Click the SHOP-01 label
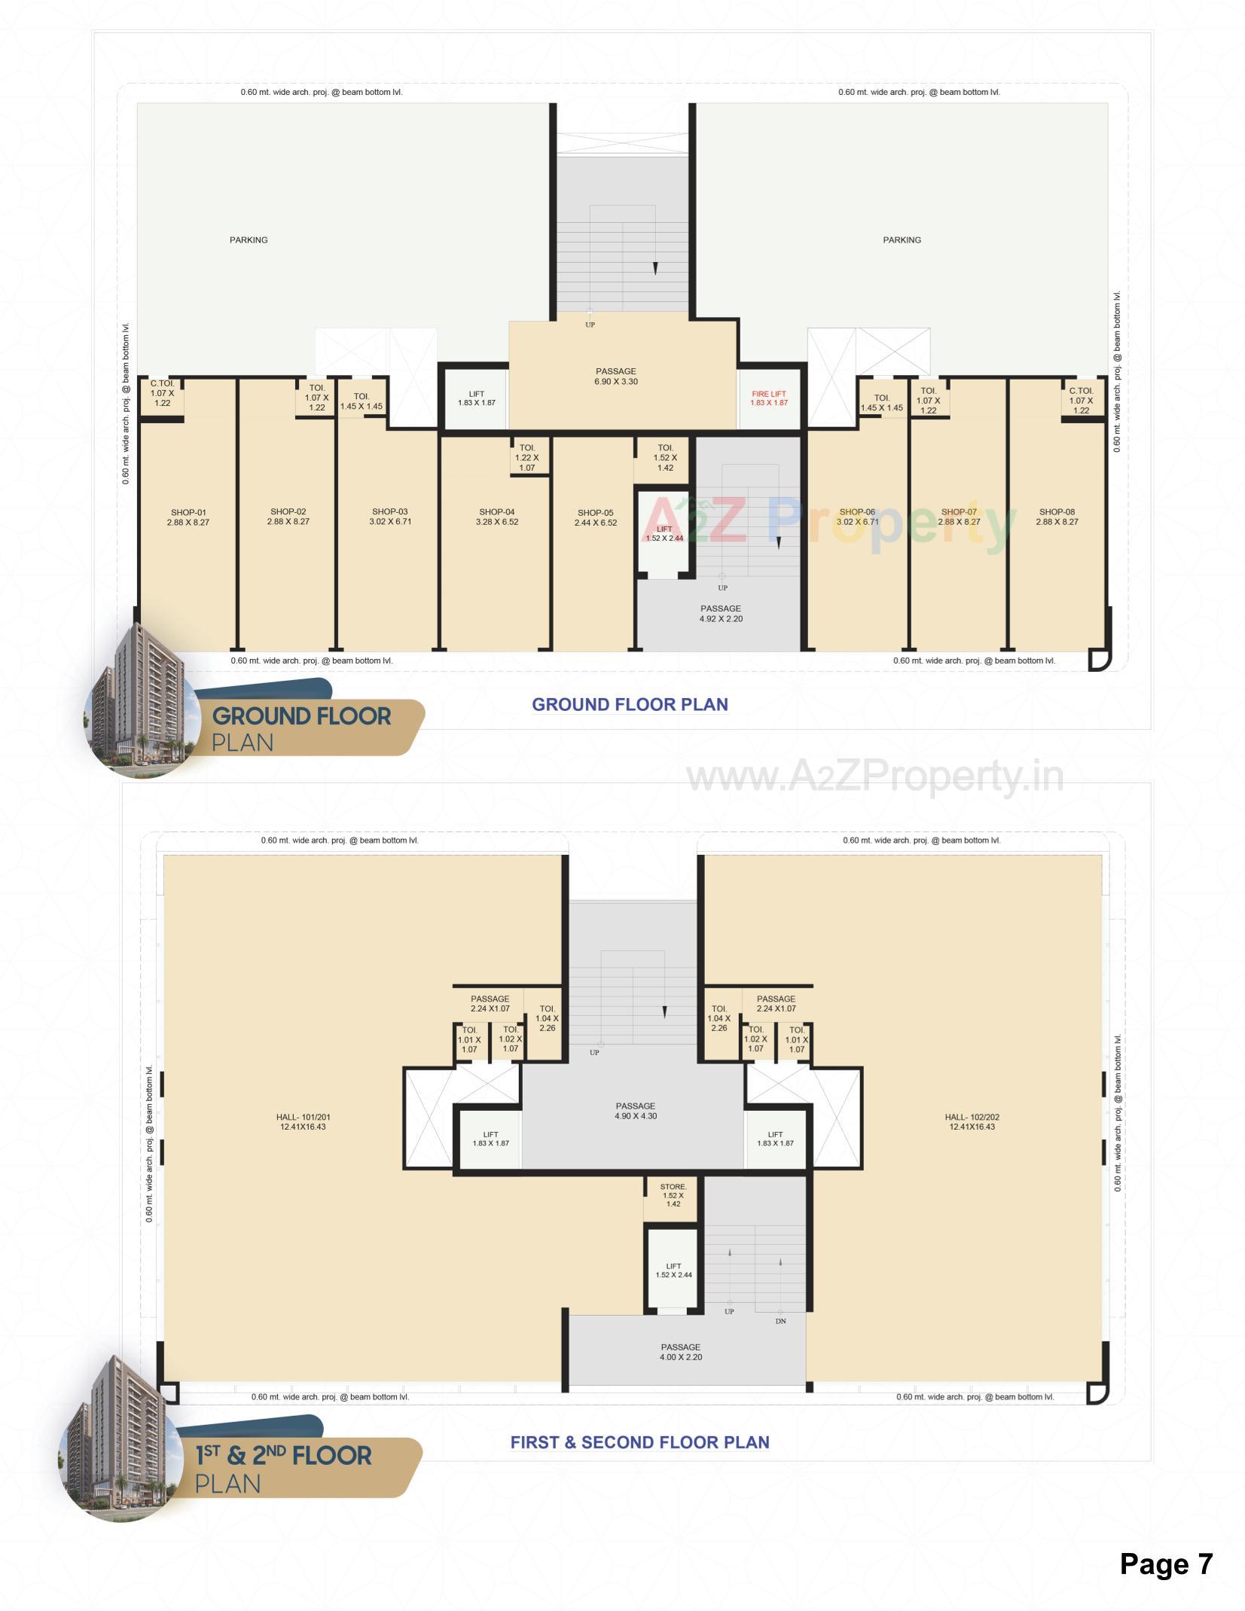coord(188,517)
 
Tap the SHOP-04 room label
coord(496,517)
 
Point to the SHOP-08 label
coord(1057,517)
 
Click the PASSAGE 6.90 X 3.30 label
coord(615,377)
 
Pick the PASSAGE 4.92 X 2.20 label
coord(720,614)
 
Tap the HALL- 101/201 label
coord(303,1122)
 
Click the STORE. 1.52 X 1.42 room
coord(673,1195)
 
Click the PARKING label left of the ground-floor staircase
coord(249,240)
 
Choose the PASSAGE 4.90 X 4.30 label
coord(635,1111)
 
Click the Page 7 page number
coord(1166,1558)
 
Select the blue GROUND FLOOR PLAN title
coord(630,705)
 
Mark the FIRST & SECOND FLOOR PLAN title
coord(639,1442)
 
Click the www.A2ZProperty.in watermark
coord(874,778)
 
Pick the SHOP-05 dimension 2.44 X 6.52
coord(595,523)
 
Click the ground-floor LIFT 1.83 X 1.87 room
coord(476,398)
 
